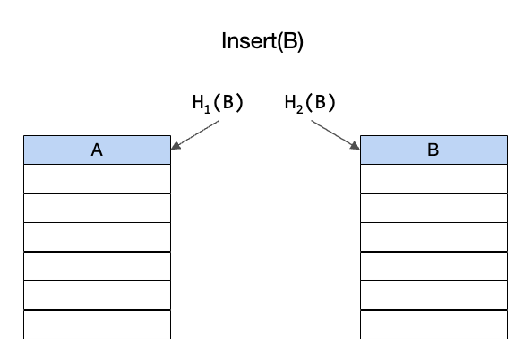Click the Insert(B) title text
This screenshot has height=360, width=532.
pos(262,41)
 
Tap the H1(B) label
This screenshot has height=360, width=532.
pos(218,103)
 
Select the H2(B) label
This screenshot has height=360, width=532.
pos(310,103)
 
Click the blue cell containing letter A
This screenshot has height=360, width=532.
pos(97,150)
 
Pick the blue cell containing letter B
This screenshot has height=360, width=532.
pos(434,150)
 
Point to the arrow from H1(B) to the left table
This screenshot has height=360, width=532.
pos(195,134)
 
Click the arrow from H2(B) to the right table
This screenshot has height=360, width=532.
pos(336,134)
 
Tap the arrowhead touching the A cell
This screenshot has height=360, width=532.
pos(175,146)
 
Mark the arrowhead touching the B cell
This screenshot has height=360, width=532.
pos(356,146)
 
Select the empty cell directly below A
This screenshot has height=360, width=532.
pos(97,179)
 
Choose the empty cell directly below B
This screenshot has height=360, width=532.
pos(434,179)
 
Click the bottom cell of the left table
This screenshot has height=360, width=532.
pos(97,324)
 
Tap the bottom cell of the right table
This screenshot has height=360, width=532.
pos(434,324)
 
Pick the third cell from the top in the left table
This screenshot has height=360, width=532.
pos(97,208)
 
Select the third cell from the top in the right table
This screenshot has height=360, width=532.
pos(434,208)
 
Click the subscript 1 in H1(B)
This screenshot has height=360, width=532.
pos(207,109)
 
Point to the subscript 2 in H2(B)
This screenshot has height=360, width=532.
pos(299,109)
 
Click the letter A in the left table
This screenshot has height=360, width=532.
pos(97,150)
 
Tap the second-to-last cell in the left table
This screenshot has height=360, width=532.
pos(97,296)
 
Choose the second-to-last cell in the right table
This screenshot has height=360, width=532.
pos(434,296)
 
